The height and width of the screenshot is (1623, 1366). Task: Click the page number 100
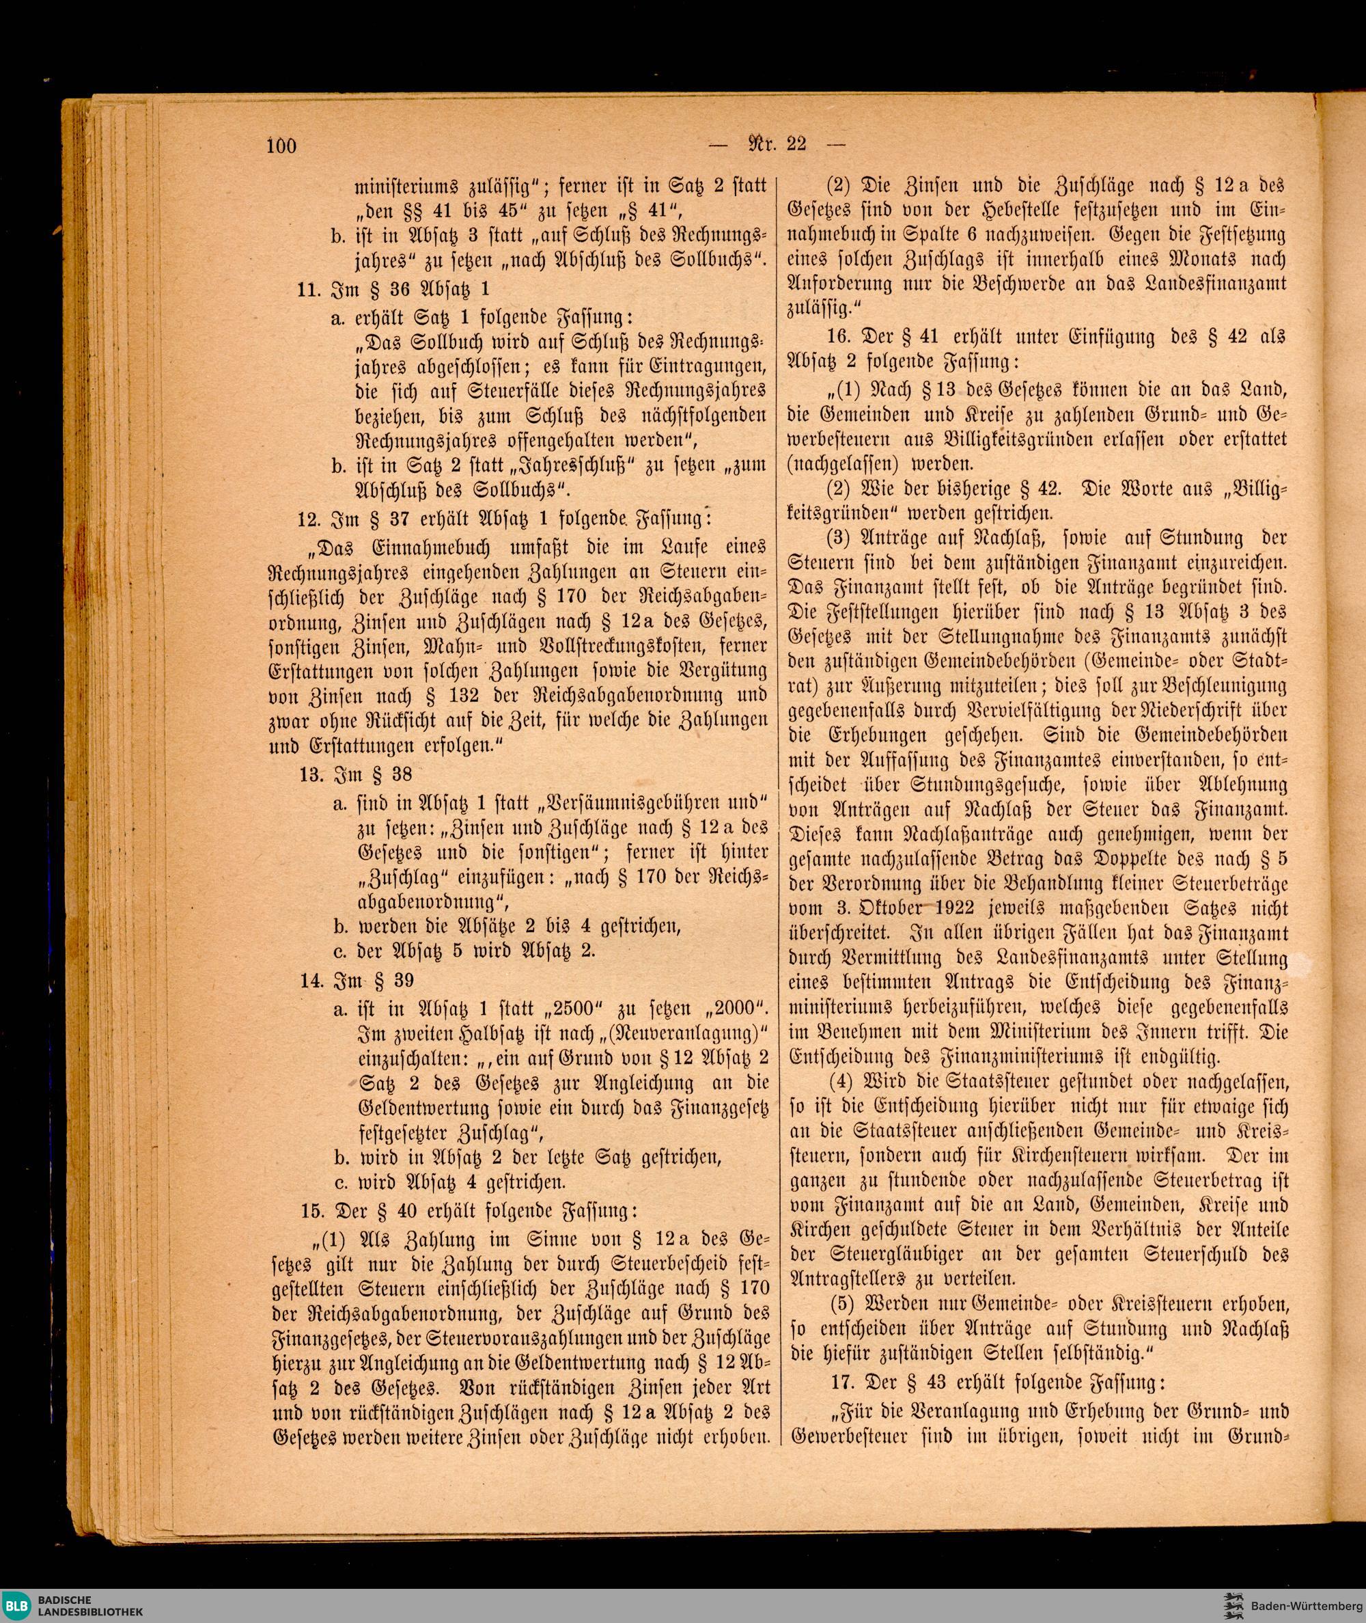point(281,145)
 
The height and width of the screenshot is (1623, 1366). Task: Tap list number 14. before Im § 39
point(313,981)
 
